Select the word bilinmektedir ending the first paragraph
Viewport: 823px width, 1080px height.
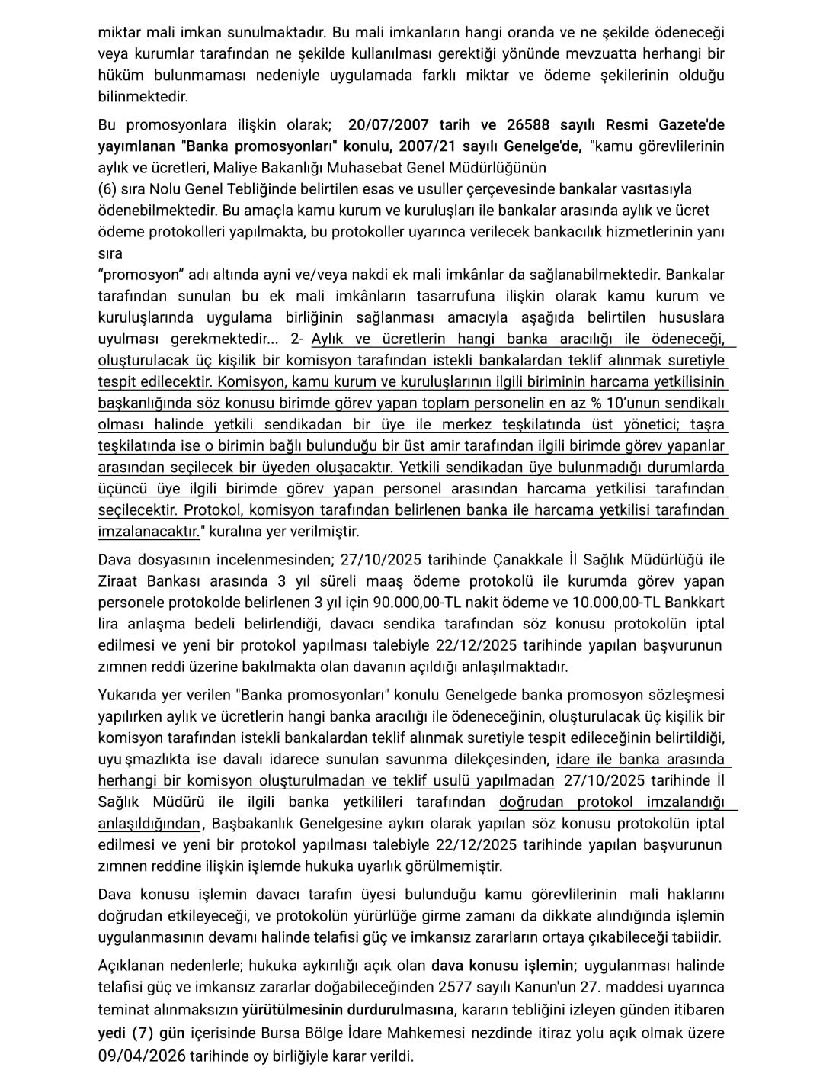[x=143, y=97]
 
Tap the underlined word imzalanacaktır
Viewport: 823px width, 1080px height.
[x=148, y=532]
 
